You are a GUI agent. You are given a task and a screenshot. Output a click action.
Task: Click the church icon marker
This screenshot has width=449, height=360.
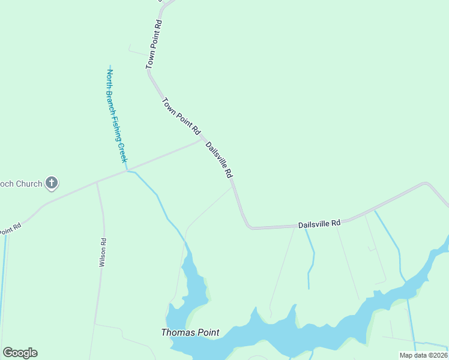tap(52, 183)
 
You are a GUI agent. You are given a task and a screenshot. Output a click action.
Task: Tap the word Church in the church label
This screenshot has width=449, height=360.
tap(29, 184)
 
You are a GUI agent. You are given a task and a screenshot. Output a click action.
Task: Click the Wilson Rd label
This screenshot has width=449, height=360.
tap(103, 253)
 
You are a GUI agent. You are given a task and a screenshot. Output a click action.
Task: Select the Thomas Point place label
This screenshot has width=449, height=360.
tap(190, 332)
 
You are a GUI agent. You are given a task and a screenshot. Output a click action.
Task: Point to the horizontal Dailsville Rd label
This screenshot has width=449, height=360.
tap(319, 224)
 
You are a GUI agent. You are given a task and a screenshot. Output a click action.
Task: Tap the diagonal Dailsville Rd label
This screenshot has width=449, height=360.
tap(219, 160)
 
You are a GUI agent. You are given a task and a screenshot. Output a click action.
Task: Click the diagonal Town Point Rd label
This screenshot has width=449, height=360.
tap(181, 116)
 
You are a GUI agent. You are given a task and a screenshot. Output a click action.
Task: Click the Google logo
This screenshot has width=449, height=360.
tap(20, 353)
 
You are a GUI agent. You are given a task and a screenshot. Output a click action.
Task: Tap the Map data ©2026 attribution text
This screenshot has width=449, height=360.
tap(423, 355)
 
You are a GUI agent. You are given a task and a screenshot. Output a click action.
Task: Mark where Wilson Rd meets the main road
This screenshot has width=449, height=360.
tap(97, 182)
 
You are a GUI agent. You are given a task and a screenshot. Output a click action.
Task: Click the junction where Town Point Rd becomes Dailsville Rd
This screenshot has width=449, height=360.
tap(202, 139)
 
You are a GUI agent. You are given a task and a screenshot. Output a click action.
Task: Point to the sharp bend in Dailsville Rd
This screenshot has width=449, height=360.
tap(248, 227)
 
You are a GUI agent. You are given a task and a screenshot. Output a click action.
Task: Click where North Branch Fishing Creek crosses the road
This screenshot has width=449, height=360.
tap(127, 171)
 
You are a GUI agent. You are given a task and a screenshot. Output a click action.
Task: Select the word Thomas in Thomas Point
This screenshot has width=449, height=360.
tap(176, 332)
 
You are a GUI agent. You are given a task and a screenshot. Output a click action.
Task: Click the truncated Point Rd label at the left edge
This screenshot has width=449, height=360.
tap(10, 229)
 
